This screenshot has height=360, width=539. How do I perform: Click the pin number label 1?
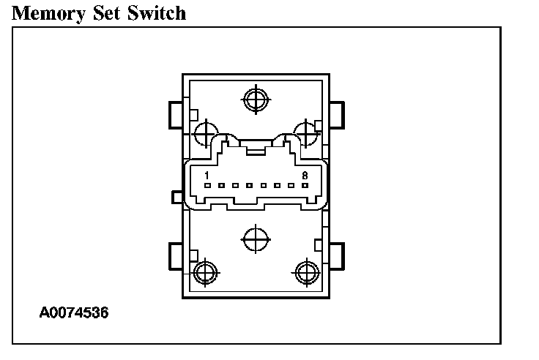point(207,176)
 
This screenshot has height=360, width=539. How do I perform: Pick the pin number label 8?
point(304,176)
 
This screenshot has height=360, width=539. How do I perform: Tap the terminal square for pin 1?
point(208,186)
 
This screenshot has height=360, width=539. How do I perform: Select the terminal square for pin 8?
point(304,186)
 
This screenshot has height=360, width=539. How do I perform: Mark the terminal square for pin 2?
point(222,186)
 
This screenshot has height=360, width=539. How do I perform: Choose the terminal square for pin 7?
point(290,186)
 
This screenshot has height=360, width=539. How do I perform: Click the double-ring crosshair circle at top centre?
point(255,100)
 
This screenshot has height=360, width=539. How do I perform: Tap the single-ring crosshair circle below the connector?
point(255,239)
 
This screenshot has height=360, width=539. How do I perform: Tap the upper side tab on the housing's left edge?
point(175,113)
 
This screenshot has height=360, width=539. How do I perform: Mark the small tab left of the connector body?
point(176,196)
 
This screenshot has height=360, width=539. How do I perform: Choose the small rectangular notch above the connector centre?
point(255,151)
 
